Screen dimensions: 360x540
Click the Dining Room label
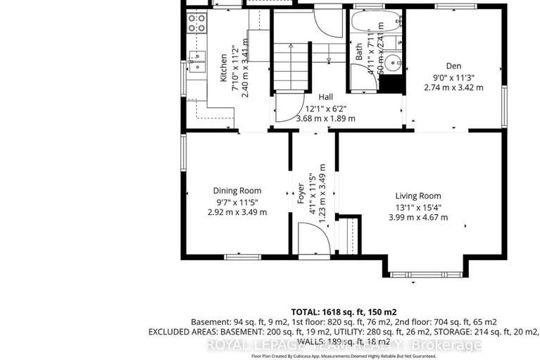pos(238,190)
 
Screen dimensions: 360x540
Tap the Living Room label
pos(417,196)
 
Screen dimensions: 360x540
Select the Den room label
pos(453,66)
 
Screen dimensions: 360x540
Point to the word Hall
pos(325,97)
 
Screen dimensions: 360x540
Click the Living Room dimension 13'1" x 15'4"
pos(417,207)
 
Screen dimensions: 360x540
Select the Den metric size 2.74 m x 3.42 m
pos(453,87)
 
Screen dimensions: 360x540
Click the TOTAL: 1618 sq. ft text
pos(344,311)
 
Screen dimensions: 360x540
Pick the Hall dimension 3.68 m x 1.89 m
pos(325,118)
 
